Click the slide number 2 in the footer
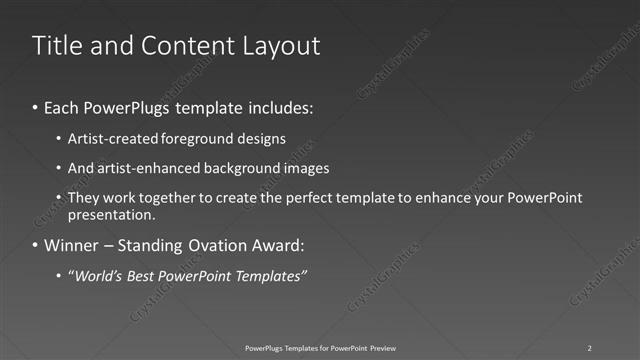(x=589, y=347)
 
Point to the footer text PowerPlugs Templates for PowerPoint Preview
(x=319, y=347)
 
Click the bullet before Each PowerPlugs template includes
(x=36, y=105)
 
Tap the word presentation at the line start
(x=111, y=214)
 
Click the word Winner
(x=73, y=245)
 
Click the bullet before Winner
(x=36, y=245)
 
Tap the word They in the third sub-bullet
(x=84, y=197)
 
